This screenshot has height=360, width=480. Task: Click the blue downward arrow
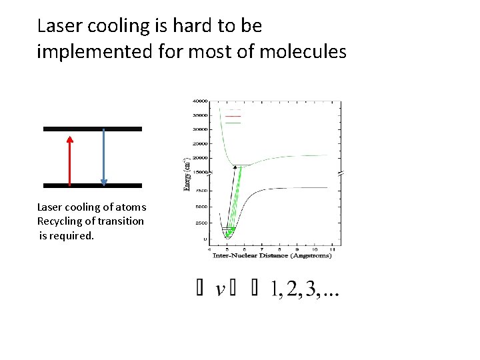coord(104,157)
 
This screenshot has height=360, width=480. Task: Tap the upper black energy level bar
coord(93,129)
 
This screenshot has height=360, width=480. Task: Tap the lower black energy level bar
coord(93,185)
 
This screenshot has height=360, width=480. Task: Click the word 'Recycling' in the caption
coord(60,221)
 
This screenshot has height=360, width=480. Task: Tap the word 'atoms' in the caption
coord(131,207)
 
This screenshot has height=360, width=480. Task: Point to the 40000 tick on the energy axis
coord(199,101)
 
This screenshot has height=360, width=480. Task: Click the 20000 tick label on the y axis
coord(199,158)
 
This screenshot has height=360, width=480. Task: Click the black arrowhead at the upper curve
coord(234,167)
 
